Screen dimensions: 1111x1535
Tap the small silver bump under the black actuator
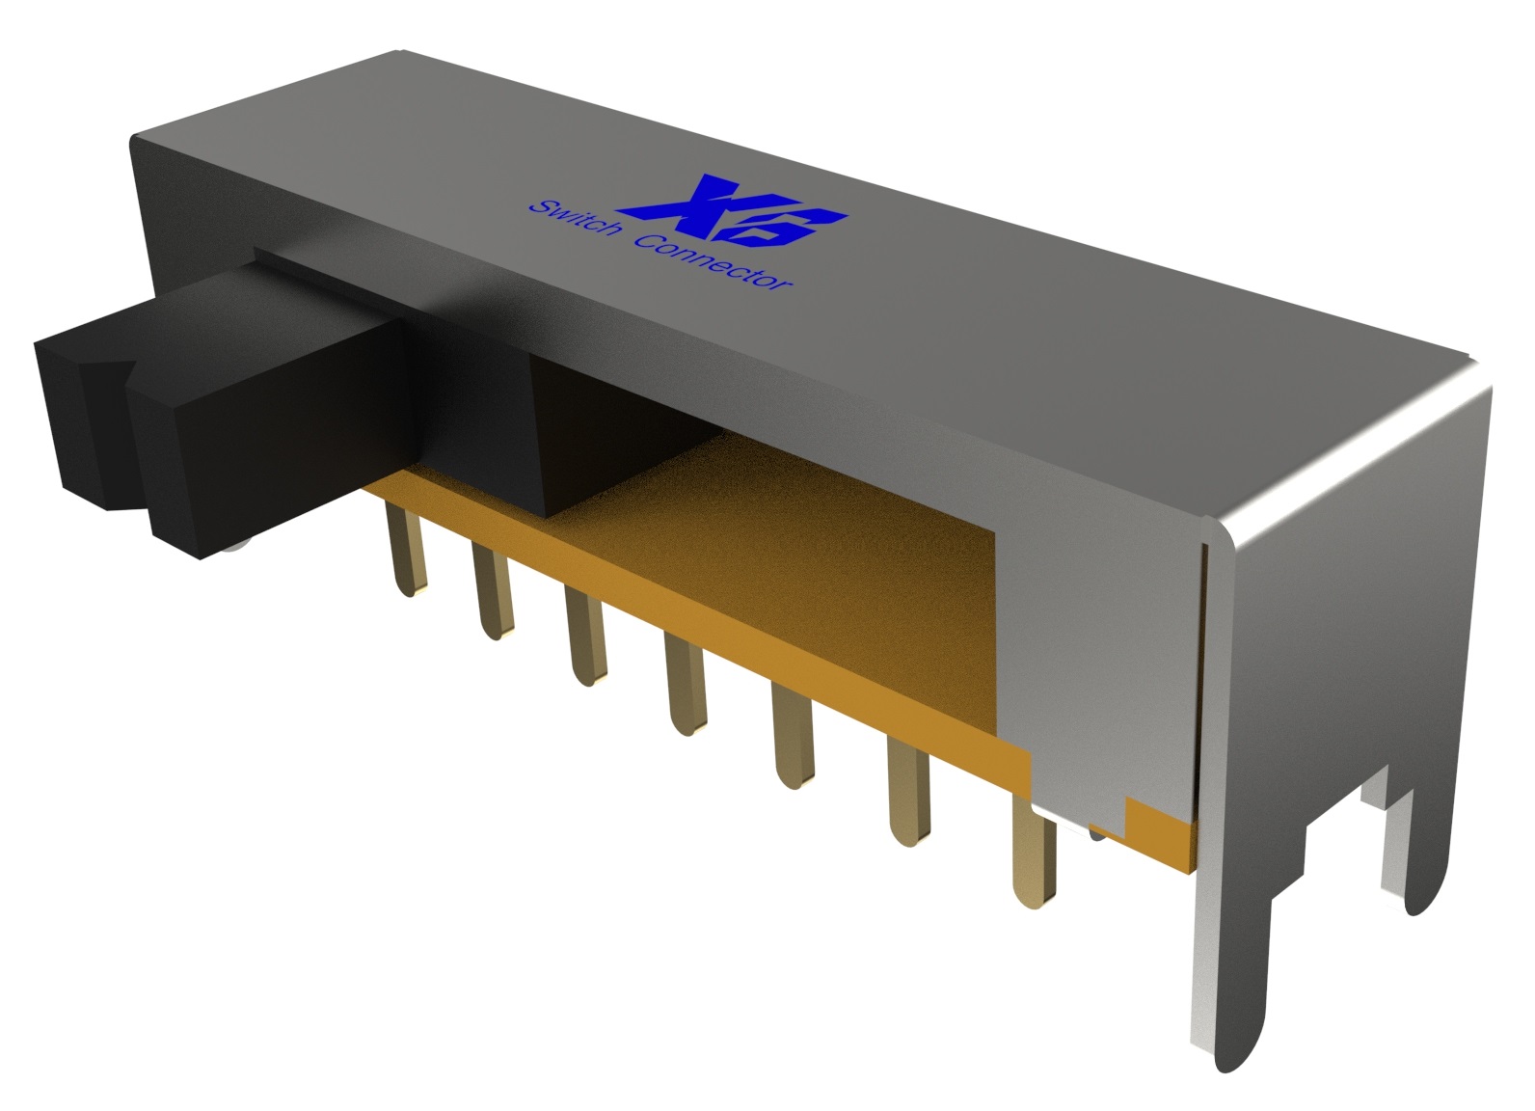coord(237,551)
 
